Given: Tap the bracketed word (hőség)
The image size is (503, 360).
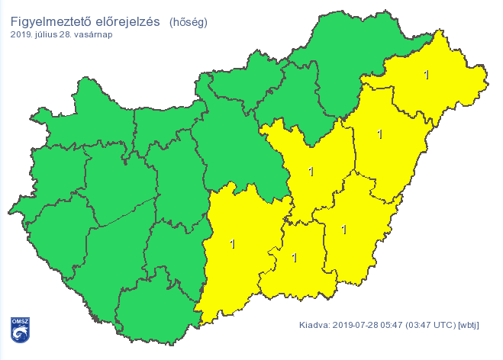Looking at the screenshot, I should coord(188,21).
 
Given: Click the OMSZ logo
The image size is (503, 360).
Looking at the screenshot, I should coord(20,329).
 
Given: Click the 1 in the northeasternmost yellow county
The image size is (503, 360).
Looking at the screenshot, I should coord(426,75).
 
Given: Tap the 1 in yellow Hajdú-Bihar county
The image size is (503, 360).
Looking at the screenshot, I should coord(379,135).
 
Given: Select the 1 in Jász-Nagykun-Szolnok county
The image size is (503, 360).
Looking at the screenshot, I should coord(311,172).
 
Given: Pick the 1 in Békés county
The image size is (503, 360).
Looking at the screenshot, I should coord(343,229).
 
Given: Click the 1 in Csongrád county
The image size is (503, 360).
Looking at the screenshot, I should coord(295,257).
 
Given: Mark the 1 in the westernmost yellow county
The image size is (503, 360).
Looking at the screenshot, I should coord(233,245).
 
